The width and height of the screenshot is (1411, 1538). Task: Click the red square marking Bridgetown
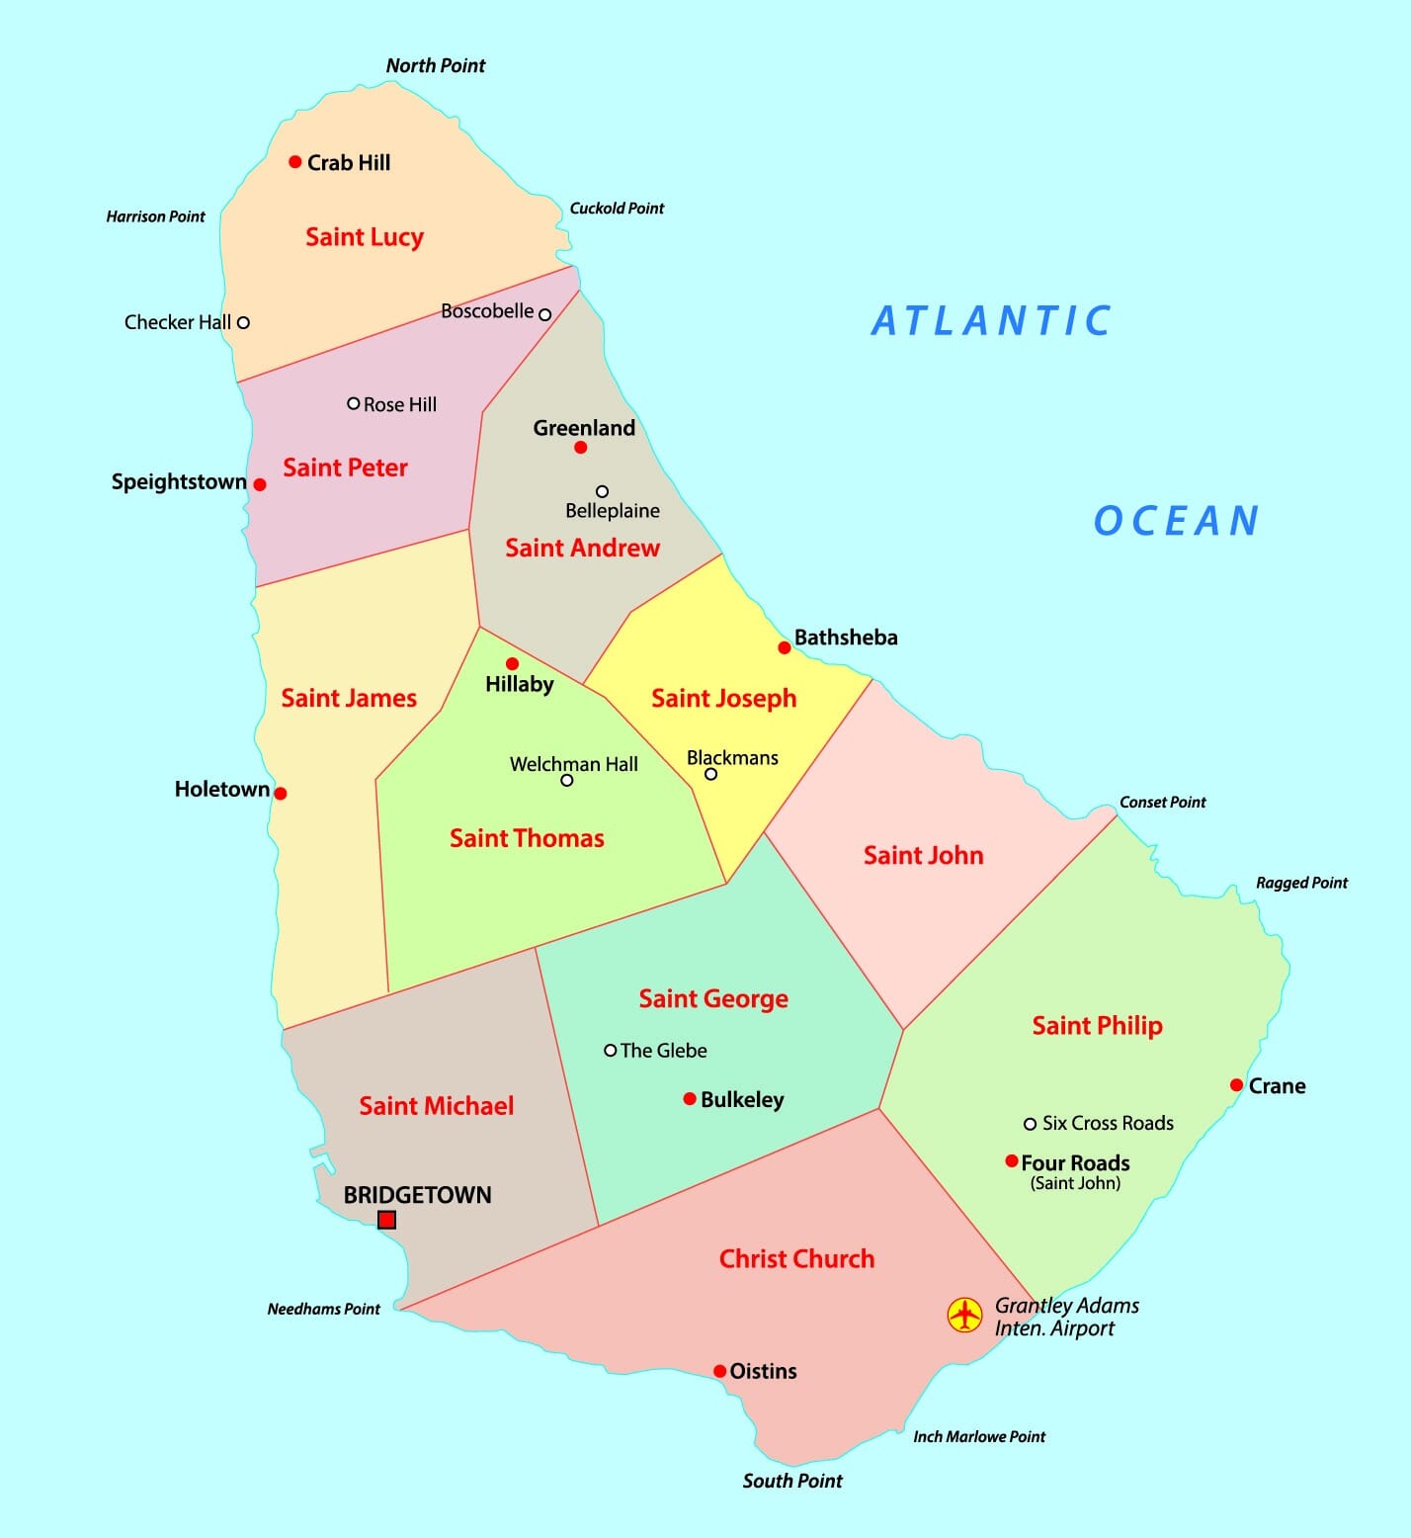point(387,1220)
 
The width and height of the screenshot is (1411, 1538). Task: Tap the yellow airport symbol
point(964,1315)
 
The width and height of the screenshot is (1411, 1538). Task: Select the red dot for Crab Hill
point(294,162)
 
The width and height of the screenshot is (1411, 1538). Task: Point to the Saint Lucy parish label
point(365,237)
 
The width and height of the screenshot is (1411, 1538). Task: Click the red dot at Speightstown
point(260,484)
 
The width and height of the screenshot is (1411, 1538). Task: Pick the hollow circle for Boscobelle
point(544,314)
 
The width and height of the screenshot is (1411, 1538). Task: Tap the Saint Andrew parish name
point(582,548)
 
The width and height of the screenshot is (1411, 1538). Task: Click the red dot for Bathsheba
point(785,647)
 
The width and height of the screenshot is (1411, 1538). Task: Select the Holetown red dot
point(281,793)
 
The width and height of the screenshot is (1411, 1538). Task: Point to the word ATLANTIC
point(991,321)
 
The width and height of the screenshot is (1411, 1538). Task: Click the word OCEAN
point(1176,521)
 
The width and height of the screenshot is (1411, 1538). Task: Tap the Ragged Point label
point(1301,883)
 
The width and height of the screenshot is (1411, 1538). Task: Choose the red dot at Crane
point(1236,1085)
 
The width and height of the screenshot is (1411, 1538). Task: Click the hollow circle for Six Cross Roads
point(1030,1124)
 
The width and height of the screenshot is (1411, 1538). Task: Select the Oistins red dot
point(720,1371)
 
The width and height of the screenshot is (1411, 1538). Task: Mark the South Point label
point(792,1481)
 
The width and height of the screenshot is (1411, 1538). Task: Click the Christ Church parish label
point(796,1258)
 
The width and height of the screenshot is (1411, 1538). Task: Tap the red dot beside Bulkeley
point(690,1099)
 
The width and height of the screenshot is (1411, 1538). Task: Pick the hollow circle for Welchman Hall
point(566,780)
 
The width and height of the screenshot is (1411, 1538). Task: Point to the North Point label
point(436,66)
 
